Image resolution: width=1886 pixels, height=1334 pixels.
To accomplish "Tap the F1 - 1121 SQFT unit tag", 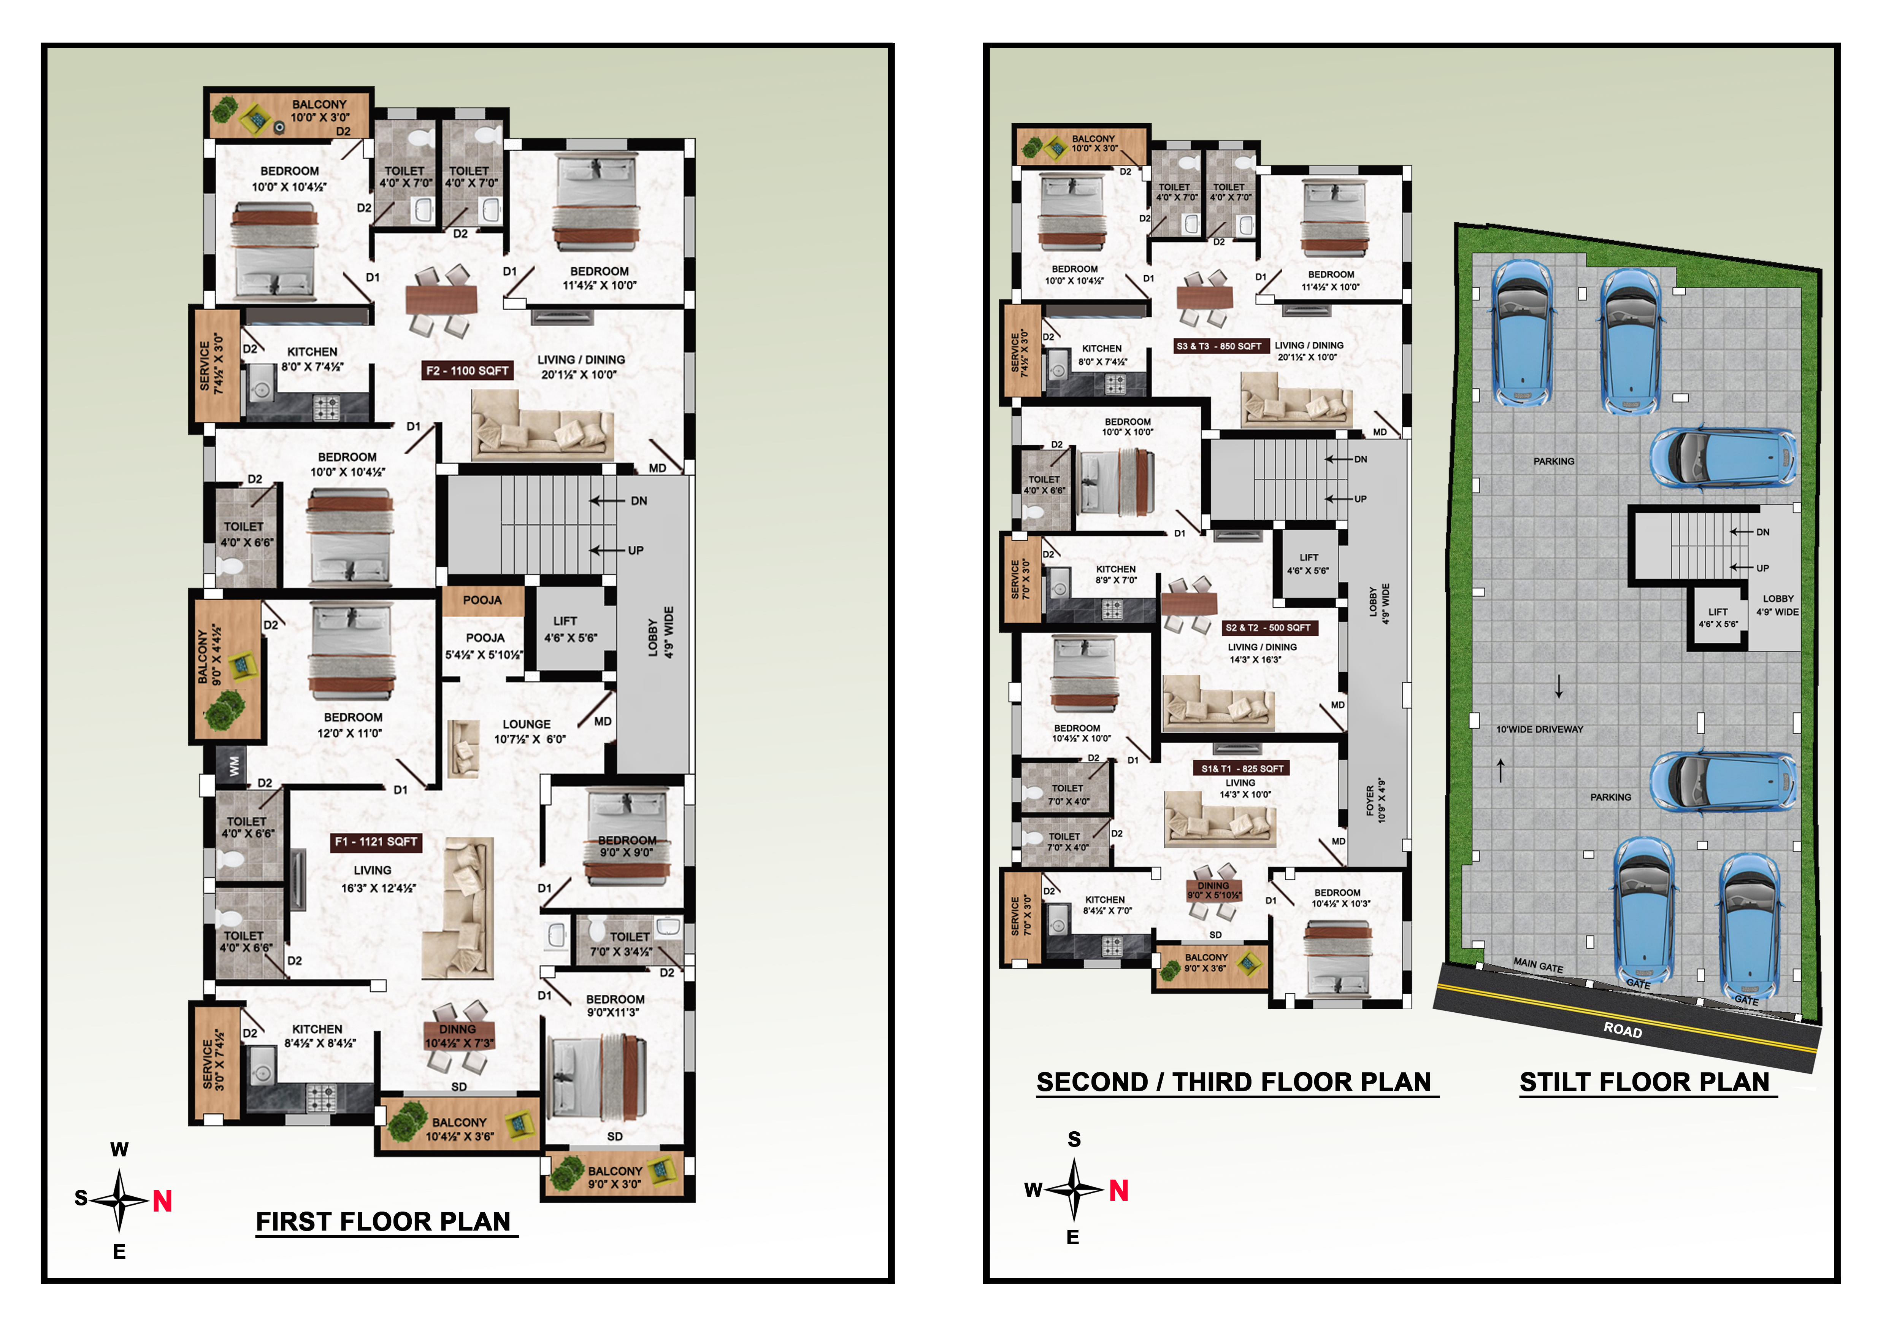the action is coord(376,842).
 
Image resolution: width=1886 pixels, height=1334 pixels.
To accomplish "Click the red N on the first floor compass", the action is coord(163,1202).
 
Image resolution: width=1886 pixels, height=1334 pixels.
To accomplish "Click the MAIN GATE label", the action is coord(1539,966).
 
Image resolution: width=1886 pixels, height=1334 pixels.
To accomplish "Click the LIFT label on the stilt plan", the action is coord(1718,612).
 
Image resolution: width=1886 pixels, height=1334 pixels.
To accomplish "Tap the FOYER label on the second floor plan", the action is coord(1370,805).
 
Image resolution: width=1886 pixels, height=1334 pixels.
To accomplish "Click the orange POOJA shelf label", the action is coord(482,600).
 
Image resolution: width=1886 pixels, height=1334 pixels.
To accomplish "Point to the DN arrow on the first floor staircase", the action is coord(608,500).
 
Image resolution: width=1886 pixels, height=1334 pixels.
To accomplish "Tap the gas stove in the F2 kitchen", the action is coord(326,407).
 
